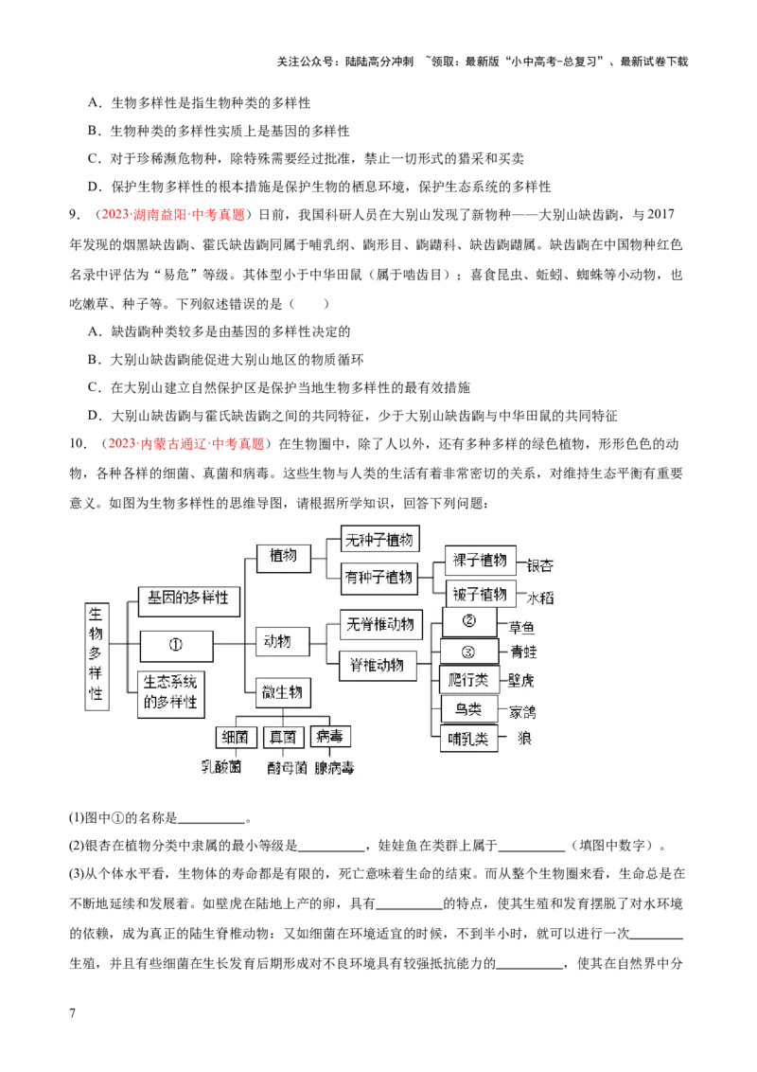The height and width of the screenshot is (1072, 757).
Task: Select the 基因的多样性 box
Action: (x=188, y=599)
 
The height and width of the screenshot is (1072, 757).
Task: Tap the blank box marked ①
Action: (x=176, y=645)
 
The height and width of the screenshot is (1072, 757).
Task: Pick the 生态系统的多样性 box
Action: (x=171, y=693)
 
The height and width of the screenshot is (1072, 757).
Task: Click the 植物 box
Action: (x=283, y=557)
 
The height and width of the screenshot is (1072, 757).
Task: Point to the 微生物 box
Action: (x=283, y=692)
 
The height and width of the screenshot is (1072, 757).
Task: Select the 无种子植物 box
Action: (x=379, y=540)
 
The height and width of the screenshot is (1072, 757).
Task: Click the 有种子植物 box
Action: (x=379, y=576)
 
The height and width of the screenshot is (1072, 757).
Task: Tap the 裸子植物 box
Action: (x=481, y=560)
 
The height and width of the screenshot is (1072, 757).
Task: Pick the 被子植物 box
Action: (x=481, y=594)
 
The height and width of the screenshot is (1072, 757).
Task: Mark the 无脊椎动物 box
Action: (x=380, y=625)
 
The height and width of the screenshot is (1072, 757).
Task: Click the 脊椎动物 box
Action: (x=377, y=665)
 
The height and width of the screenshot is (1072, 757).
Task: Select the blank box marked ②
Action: (x=468, y=622)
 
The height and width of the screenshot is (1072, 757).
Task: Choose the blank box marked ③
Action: (x=468, y=652)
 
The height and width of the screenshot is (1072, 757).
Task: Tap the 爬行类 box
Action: (x=468, y=680)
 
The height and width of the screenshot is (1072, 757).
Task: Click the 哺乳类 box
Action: (x=468, y=739)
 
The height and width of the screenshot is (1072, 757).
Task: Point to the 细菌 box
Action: (x=235, y=737)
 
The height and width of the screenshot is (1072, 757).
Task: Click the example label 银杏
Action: (x=539, y=565)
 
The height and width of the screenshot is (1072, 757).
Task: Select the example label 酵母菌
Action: (x=287, y=768)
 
